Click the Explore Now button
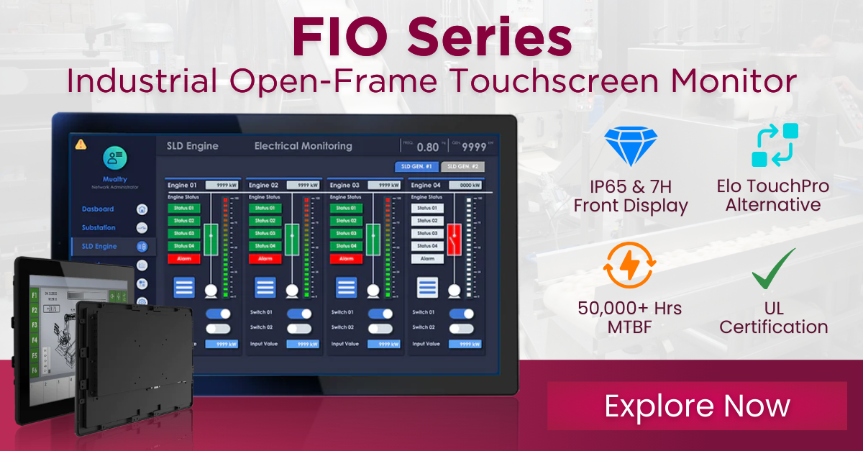point(697,406)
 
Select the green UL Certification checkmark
point(773,270)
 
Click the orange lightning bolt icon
point(629,267)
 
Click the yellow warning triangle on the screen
point(81,144)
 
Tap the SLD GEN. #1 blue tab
point(416,167)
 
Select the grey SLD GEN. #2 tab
point(462,167)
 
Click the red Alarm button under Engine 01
point(184,258)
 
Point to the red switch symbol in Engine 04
point(453,238)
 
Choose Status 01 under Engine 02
point(265,209)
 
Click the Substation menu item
point(99,228)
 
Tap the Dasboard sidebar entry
point(98,209)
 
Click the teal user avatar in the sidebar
point(114,158)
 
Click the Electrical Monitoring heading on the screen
point(303,146)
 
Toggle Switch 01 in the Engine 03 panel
point(380,314)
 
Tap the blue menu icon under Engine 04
point(427,288)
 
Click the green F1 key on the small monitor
point(34,296)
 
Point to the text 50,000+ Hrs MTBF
point(630,317)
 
